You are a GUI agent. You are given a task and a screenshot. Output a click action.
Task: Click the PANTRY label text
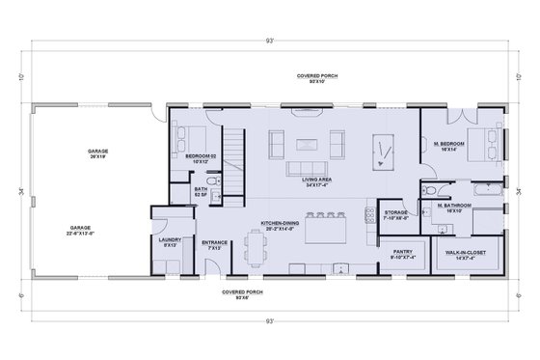pyautogui.click(x=401, y=254)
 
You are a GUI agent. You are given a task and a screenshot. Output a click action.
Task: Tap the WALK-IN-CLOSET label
pyautogui.click(x=466, y=254)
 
